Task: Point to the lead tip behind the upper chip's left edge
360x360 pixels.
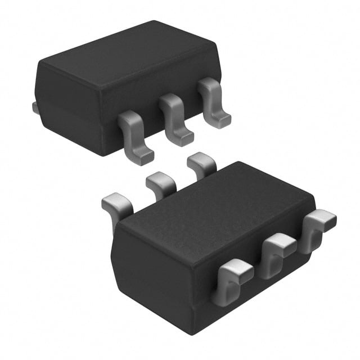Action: [x=35, y=107]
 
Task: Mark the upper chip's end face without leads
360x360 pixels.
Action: [x=67, y=107]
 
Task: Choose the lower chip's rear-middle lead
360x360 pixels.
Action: [x=161, y=183]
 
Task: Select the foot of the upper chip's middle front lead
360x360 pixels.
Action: [x=183, y=138]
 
